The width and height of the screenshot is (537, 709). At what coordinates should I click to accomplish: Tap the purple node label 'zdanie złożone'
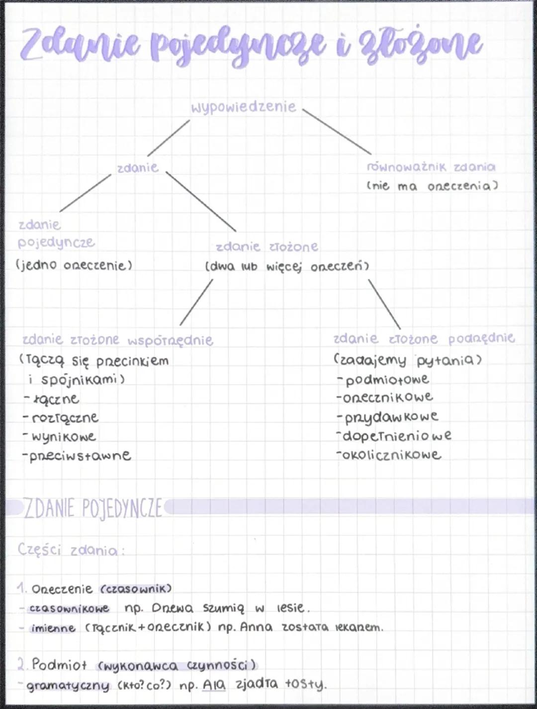tap(267, 247)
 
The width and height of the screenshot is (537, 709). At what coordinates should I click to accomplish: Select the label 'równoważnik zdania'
tap(431, 167)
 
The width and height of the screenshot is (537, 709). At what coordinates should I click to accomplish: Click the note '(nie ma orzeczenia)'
tap(432, 186)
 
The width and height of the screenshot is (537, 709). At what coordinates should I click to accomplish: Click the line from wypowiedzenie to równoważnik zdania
tap(337, 131)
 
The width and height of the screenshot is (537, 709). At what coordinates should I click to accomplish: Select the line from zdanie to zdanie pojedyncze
tap(85, 193)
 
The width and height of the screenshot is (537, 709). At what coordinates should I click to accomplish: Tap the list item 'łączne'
tap(55, 399)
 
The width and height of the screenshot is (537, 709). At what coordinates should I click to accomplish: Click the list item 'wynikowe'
tap(63, 437)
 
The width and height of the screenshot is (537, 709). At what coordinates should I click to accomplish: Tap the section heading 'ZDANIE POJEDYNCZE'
tap(93, 508)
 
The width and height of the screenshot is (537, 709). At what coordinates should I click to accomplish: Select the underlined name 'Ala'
tap(214, 685)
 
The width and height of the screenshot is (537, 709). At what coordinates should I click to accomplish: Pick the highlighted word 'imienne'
tap(53, 629)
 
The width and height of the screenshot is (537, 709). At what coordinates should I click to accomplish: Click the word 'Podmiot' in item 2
tap(59, 664)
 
